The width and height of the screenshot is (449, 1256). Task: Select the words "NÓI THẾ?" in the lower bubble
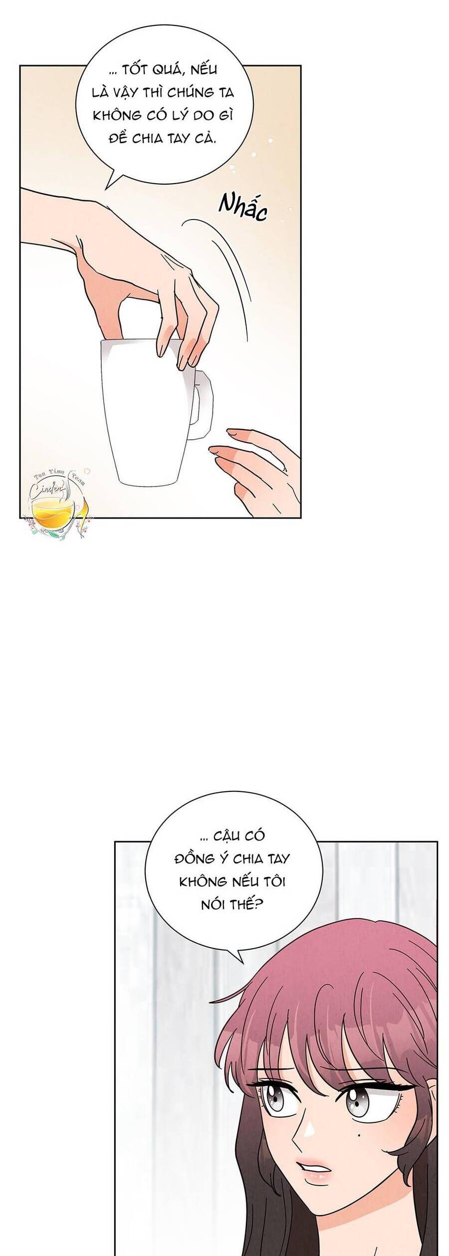coord(232,904)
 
